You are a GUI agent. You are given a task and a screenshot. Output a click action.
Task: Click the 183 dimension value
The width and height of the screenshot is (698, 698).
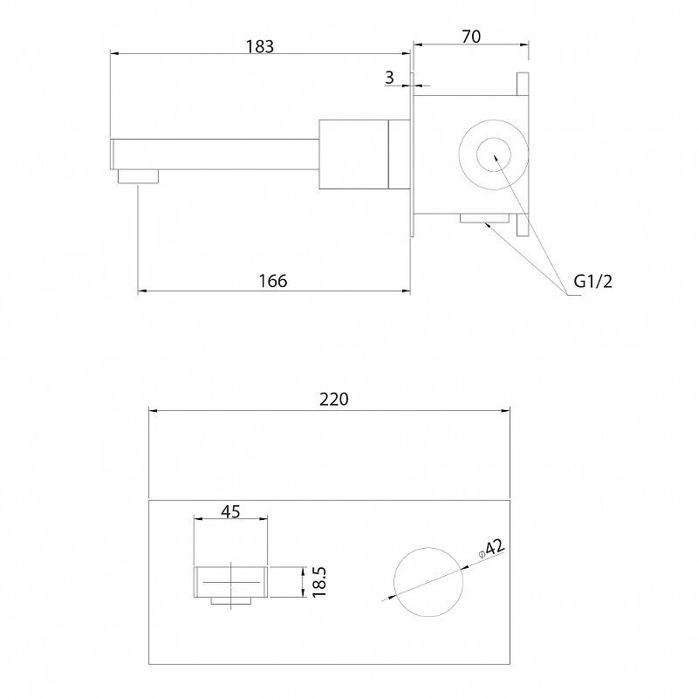(260, 46)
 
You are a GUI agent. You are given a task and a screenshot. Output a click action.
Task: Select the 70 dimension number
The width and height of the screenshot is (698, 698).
(471, 37)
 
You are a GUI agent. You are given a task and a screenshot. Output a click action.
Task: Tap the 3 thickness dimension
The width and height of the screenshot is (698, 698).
(389, 78)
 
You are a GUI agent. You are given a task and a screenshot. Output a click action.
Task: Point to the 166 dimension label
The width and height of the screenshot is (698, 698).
(273, 281)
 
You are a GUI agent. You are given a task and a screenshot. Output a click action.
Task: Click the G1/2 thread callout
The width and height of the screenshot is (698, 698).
(593, 281)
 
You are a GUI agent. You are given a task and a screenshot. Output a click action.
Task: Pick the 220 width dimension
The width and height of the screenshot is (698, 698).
(334, 400)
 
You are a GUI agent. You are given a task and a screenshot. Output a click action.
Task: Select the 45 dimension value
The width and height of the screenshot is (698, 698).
(230, 511)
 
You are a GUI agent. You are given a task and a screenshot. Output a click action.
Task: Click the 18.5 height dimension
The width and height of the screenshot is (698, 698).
(319, 581)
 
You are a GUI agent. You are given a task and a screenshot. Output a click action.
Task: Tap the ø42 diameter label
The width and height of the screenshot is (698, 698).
(491, 549)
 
